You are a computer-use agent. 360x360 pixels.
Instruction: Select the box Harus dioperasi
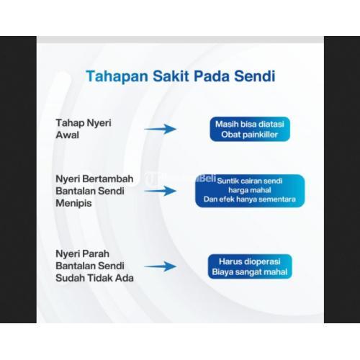[249, 266]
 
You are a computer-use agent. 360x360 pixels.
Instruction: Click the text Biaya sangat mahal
[249, 272]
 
